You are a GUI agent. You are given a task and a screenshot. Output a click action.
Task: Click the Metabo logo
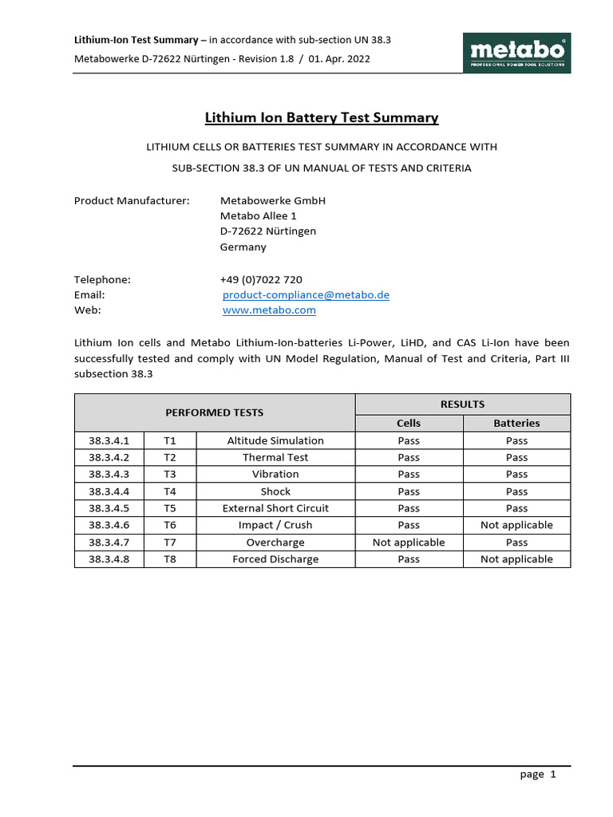click(517, 53)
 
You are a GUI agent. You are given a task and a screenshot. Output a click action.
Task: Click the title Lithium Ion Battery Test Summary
click(322, 118)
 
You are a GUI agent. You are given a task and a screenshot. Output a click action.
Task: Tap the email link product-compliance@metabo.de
click(306, 294)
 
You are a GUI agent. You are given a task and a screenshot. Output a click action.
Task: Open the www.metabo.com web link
click(269, 310)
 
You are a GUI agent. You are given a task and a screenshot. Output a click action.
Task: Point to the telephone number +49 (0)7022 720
click(261, 279)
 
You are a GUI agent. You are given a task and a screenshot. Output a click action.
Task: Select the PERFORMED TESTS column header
click(214, 412)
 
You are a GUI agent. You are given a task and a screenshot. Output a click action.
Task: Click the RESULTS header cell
click(462, 404)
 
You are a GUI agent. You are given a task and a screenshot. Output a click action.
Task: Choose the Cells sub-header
click(409, 423)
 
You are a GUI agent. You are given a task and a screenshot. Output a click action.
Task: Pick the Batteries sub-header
click(516, 423)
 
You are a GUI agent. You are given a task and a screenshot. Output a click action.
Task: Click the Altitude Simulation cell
click(275, 440)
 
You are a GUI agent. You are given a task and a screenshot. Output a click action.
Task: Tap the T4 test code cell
click(169, 491)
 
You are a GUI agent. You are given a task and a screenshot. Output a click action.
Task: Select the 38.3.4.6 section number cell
click(109, 525)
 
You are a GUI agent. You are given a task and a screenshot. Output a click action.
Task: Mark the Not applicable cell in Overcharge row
click(409, 543)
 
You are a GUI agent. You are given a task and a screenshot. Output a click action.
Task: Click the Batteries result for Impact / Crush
click(516, 525)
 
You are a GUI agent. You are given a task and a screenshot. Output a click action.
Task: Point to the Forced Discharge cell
click(275, 559)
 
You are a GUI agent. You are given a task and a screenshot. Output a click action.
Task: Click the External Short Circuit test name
click(275, 508)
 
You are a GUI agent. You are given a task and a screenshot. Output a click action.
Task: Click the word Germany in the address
click(243, 247)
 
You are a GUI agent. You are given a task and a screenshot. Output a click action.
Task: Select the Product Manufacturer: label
click(132, 200)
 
